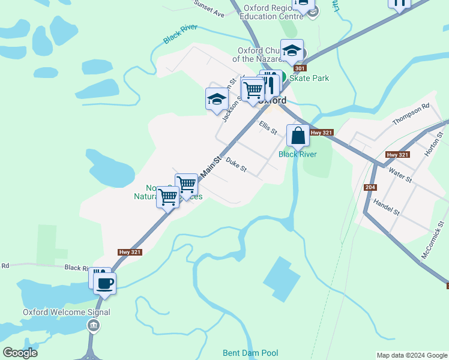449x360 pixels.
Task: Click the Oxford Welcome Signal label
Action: [67, 312]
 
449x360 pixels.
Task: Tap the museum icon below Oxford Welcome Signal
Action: [93, 326]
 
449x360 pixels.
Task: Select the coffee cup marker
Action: [104, 283]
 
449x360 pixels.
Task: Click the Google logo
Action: [20, 353]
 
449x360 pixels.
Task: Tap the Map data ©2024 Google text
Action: [412, 355]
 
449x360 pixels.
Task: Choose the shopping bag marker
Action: [298, 136]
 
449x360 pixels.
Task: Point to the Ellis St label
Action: [268, 127]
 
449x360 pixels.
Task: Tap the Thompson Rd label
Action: [411, 114]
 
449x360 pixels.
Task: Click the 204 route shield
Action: [370, 188]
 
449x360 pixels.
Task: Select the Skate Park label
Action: [309, 78]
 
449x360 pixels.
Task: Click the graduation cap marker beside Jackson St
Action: [217, 100]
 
